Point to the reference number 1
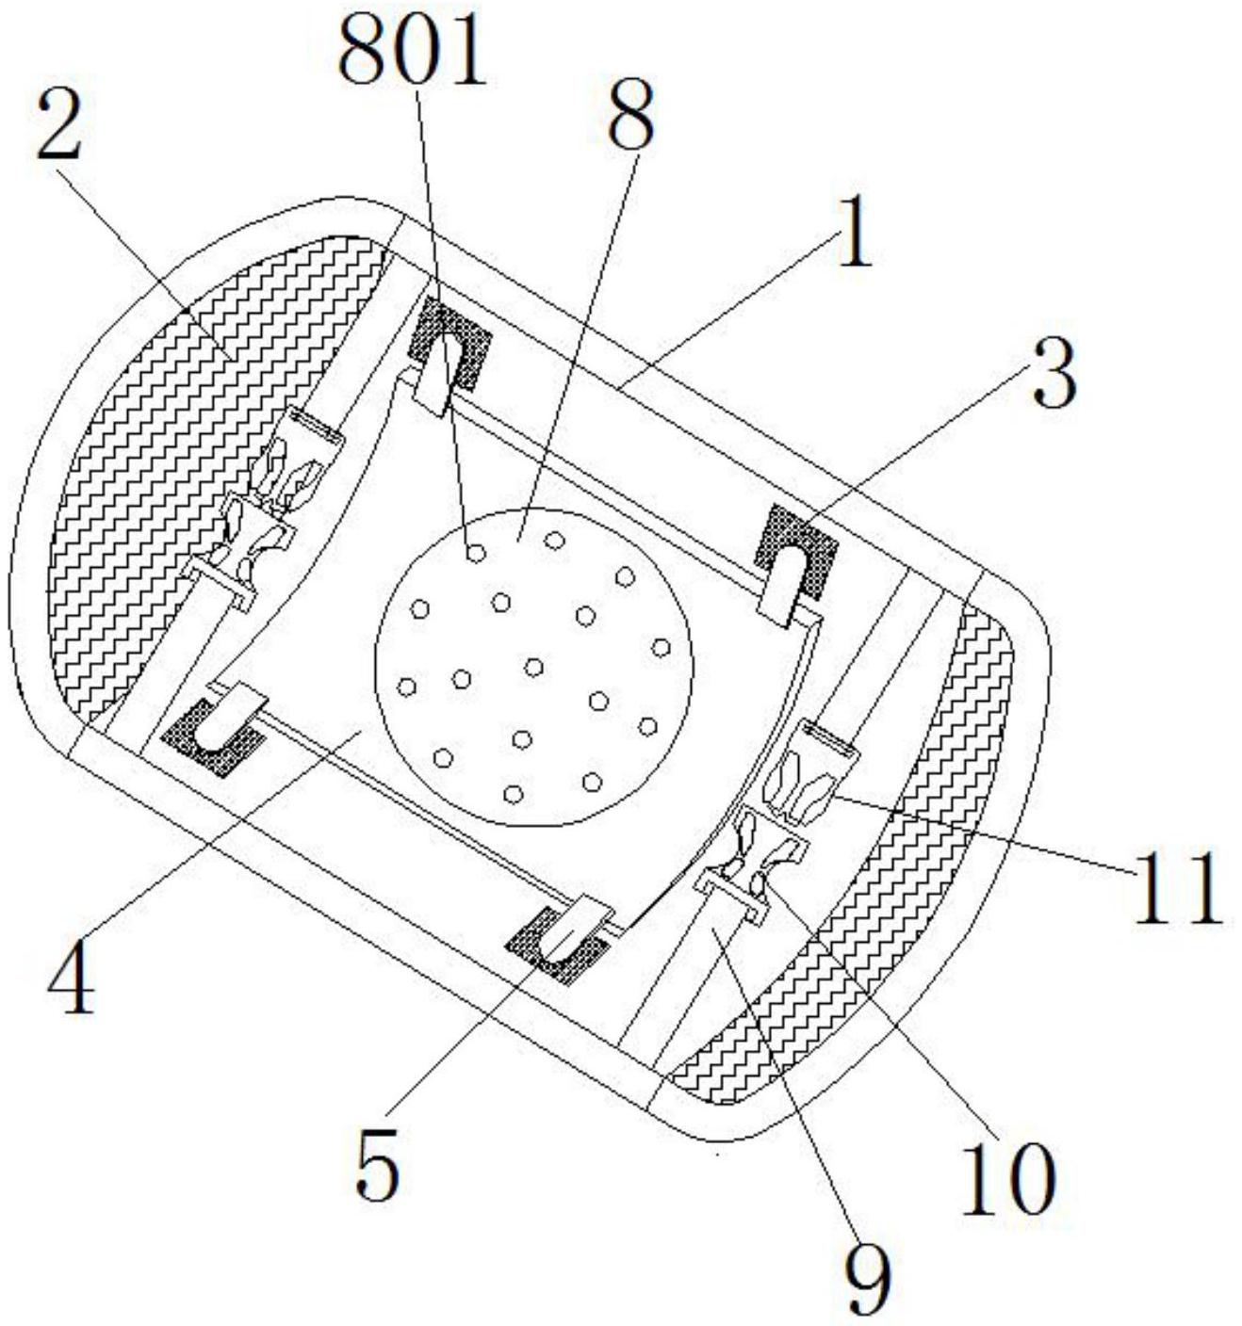856,234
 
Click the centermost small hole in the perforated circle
533,667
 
